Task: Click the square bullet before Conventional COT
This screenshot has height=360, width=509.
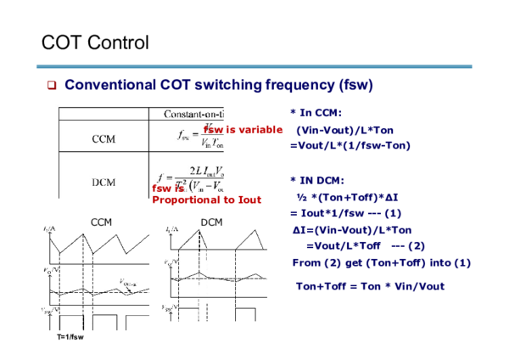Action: pyautogui.click(x=51, y=86)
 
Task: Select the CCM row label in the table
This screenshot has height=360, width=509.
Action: pyautogui.click(x=104, y=138)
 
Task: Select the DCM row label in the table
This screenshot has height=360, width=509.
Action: pyautogui.click(x=104, y=181)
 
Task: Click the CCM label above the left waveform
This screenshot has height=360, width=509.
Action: pyautogui.click(x=102, y=222)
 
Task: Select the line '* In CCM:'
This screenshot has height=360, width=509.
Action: pyautogui.click(x=316, y=113)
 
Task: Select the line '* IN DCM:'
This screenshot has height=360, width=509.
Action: pyautogui.click(x=316, y=180)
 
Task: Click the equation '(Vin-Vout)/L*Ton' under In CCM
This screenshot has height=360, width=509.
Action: pyautogui.click(x=345, y=130)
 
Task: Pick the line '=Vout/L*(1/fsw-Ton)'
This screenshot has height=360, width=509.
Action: pyautogui.click(x=350, y=145)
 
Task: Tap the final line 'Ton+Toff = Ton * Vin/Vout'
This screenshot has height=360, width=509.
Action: pyautogui.click(x=369, y=285)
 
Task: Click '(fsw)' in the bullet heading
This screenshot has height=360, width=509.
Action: pyautogui.click(x=355, y=86)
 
